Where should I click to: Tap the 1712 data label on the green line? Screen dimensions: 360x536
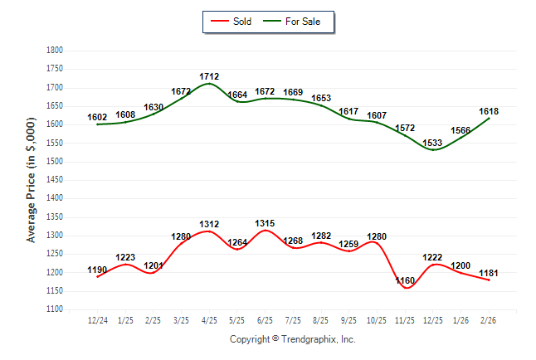pyautogui.click(x=209, y=77)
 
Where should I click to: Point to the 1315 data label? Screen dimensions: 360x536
pyautogui.click(x=265, y=223)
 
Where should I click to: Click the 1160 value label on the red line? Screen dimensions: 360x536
pyautogui.click(x=406, y=282)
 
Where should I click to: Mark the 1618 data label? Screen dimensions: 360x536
pyautogui.click(x=489, y=111)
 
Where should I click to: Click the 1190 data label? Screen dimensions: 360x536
pyautogui.click(x=97, y=270)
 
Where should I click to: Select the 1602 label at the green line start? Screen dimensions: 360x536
pyautogui.click(x=97, y=118)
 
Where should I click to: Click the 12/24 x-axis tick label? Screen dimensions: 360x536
pyautogui.click(x=97, y=320)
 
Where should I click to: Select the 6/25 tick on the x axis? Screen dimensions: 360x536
pyautogui.click(x=265, y=320)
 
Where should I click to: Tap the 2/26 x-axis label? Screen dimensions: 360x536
pyautogui.click(x=489, y=320)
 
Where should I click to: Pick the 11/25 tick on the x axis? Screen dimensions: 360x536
pyautogui.click(x=405, y=320)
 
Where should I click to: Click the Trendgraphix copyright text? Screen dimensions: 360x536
pyautogui.click(x=292, y=339)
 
